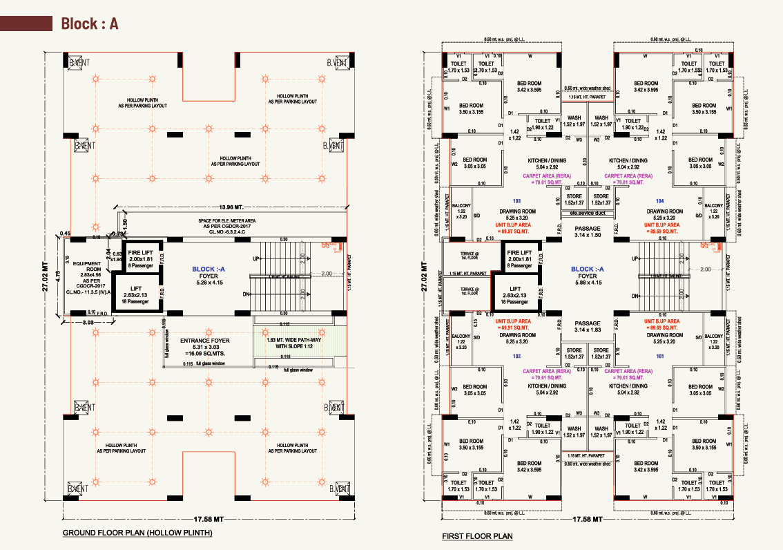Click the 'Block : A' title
[x=90, y=23]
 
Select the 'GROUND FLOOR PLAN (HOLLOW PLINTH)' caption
[x=137, y=533]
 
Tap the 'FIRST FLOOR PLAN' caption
[x=477, y=536]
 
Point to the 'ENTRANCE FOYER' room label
[x=205, y=341]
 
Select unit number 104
[x=659, y=200]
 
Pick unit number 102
[x=515, y=357]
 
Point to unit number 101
[x=659, y=357]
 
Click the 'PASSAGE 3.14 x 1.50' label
[x=588, y=232]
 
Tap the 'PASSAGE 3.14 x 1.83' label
[x=588, y=327]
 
